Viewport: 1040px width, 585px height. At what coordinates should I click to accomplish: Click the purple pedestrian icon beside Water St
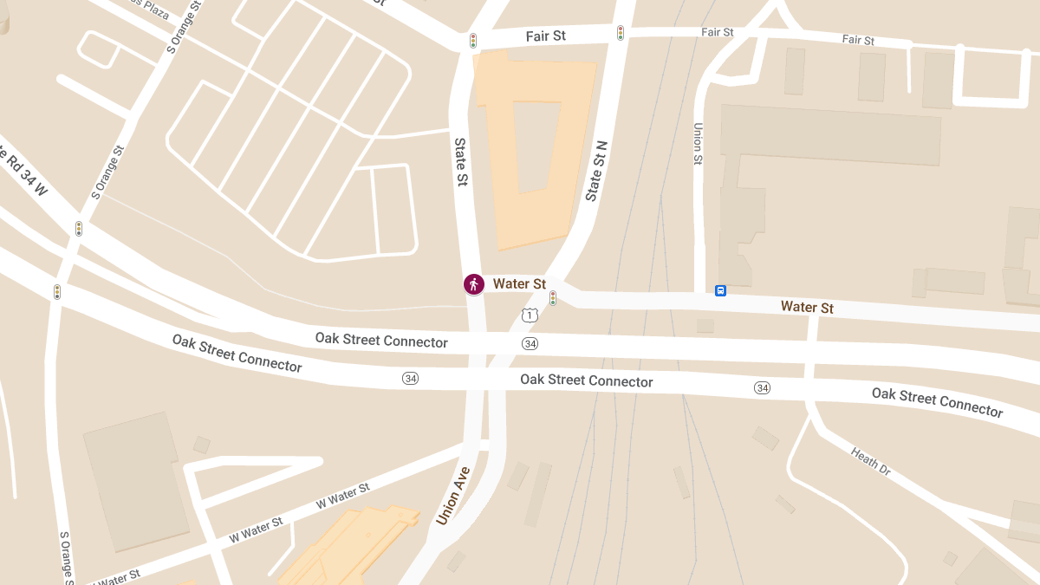point(473,283)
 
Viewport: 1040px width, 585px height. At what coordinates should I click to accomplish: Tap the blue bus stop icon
point(720,290)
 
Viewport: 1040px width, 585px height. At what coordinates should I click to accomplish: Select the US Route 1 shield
point(530,315)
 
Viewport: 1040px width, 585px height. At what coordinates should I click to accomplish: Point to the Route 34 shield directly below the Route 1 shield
point(530,344)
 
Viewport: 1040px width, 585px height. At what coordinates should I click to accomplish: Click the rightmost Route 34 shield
point(762,387)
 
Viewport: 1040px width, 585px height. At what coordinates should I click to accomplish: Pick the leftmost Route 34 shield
point(410,378)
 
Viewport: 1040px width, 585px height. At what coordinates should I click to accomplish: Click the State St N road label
point(596,172)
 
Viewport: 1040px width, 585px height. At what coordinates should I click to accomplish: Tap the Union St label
point(698,143)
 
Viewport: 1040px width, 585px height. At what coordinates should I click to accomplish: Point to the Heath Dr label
point(870,462)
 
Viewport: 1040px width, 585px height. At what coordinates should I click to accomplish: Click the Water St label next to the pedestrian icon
point(519,283)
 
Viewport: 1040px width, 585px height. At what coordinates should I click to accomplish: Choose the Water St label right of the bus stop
point(807,307)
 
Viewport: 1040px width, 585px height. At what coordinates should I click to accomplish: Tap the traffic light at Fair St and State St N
point(621,33)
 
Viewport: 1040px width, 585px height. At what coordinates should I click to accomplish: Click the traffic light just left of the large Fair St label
point(473,40)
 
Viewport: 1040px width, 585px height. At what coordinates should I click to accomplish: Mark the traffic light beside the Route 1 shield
point(552,298)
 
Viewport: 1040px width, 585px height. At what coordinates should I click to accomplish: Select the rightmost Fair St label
point(858,40)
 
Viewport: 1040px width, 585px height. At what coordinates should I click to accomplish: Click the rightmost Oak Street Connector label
point(937,401)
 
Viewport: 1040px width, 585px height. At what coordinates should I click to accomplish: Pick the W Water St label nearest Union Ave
point(342,496)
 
